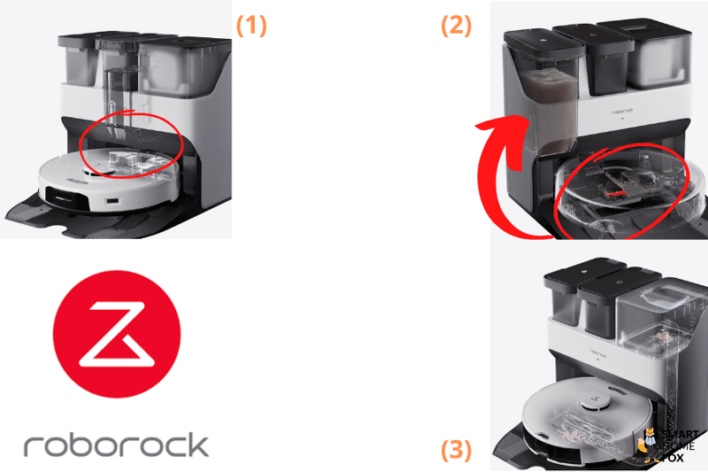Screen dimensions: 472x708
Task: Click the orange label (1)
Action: pos(250,25)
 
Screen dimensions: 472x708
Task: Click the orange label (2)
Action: pos(457,25)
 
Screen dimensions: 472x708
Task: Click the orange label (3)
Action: pos(457,451)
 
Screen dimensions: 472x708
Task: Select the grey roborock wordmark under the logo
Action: pos(116,445)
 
